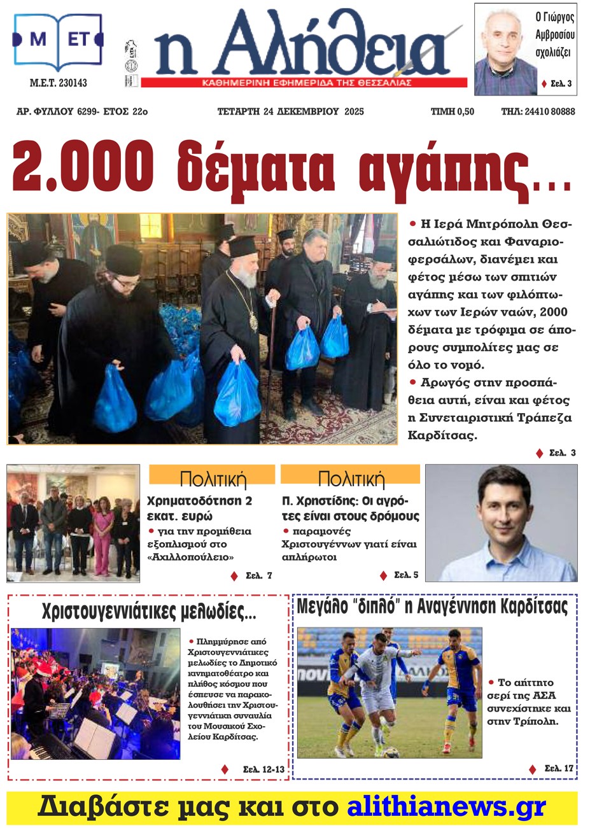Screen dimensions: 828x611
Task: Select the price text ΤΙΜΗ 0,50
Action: pos(453,111)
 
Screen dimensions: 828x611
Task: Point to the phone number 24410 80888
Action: pos(550,111)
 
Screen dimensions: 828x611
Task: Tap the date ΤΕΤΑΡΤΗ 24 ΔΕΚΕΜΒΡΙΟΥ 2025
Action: pos(291,111)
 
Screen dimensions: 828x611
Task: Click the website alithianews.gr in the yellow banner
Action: pos(446,807)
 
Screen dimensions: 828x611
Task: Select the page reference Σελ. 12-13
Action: pos(263,769)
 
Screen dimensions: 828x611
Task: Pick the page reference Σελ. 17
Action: pos(559,768)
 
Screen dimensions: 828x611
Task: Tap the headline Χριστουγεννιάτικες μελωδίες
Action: pos(149,612)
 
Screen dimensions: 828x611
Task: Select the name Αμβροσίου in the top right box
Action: pos(554,34)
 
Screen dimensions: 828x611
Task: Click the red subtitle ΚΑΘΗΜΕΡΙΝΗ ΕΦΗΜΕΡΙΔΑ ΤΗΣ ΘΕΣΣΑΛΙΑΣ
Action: pos(306,83)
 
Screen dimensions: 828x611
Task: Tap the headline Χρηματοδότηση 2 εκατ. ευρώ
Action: pos(199,508)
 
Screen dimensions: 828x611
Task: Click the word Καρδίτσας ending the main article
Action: pos(442,436)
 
